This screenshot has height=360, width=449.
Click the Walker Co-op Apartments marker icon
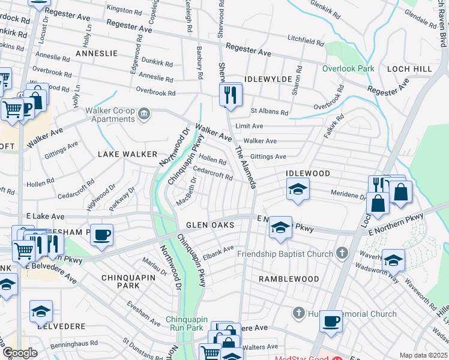coord(143,114)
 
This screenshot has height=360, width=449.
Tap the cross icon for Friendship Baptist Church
coord(342,253)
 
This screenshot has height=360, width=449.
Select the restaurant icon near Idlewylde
coord(231,95)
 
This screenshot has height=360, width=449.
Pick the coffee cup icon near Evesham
coord(102,234)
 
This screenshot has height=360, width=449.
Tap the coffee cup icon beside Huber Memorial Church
coord(331,321)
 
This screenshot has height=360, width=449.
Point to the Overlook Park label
coord(348,68)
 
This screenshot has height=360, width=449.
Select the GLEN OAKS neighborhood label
coord(210,225)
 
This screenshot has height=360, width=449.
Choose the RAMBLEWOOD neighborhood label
coord(289,279)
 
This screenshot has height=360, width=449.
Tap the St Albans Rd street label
coord(270,112)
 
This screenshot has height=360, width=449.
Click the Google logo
coord(20,353)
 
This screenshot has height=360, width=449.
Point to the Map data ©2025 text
coord(423,355)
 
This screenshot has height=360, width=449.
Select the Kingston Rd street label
coord(122,9)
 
